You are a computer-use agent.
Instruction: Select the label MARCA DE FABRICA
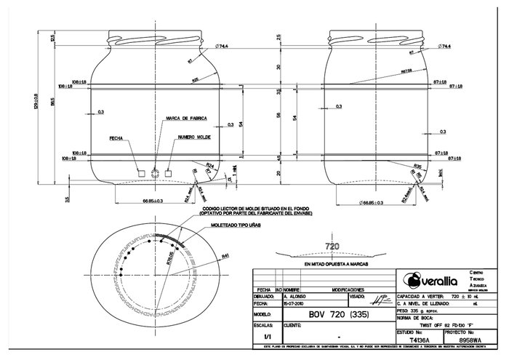(x=187, y=117)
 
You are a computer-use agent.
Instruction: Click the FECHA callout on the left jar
(x=116, y=137)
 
